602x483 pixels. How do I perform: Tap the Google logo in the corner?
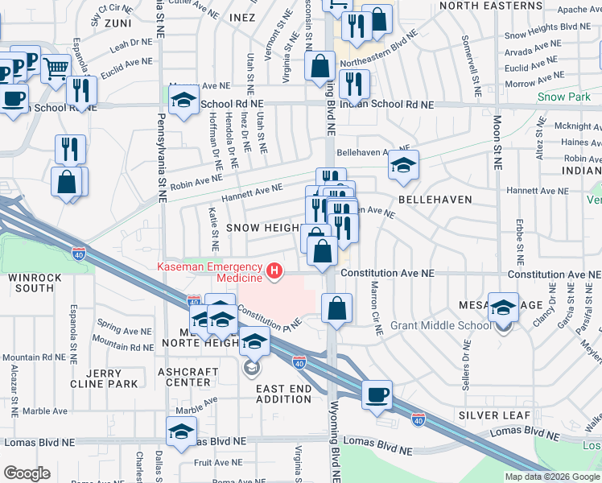pyautogui.click(x=27, y=473)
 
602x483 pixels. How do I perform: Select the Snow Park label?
pyautogui.click(x=563, y=97)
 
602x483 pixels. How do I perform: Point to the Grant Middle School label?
pyautogui.click(x=440, y=326)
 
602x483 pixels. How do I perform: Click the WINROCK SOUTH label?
pyautogui.click(x=31, y=283)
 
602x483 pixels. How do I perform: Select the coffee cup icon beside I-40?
pyautogui.click(x=377, y=395)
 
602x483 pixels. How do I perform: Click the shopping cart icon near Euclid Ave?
pyautogui.click(x=55, y=69)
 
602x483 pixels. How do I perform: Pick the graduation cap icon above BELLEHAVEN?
pyautogui.click(x=403, y=165)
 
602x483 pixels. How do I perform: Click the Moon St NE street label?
pyautogui.click(x=497, y=137)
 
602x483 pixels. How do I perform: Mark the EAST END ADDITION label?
pyautogui.click(x=283, y=394)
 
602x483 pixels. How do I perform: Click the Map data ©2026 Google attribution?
pyautogui.click(x=552, y=477)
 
